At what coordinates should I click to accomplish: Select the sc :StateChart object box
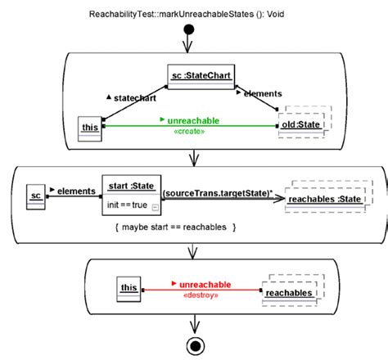coord(201,78)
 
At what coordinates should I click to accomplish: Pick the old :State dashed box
coord(300,125)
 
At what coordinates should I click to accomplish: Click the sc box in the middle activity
coord(35,196)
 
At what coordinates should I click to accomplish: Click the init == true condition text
coord(126,203)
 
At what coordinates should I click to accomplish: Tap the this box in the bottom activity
coord(129,289)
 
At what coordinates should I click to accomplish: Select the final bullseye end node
coord(196,344)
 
